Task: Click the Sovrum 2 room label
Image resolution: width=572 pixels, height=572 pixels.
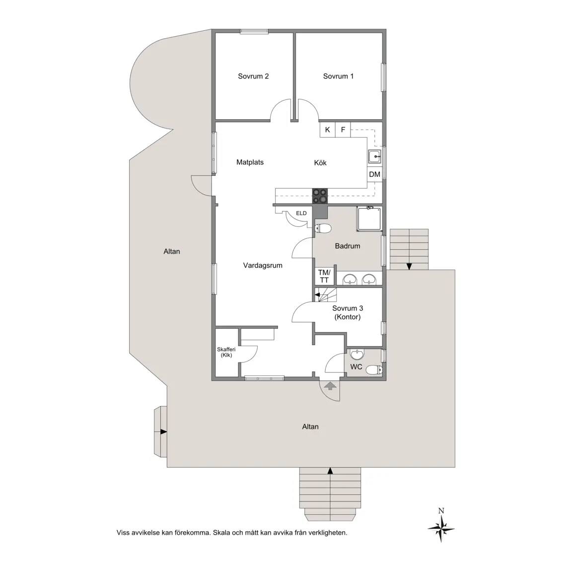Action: pyautogui.click(x=253, y=76)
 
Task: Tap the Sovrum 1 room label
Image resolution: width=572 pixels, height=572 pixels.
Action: pyautogui.click(x=338, y=76)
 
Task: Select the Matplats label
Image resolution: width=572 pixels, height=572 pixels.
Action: pyautogui.click(x=250, y=162)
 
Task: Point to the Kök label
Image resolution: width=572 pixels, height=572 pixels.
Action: pyautogui.click(x=320, y=163)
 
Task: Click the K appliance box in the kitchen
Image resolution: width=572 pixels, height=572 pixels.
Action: pyautogui.click(x=328, y=130)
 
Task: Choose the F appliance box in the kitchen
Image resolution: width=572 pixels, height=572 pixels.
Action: pyautogui.click(x=343, y=130)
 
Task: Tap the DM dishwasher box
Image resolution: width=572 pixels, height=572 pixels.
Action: pyautogui.click(x=375, y=174)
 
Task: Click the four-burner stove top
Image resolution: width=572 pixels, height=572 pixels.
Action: pyautogui.click(x=320, y=196)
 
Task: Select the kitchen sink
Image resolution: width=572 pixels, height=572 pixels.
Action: pyautogui.click(x=374, y=156)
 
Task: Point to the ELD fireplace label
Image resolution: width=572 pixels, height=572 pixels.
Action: pyautogui.click(x=301, y=213)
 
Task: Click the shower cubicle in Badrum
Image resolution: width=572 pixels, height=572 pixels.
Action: pyautogui.click(x=369, y=219)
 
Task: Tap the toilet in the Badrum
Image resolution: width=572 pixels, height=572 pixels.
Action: pyautogui.click(x=323, y=229)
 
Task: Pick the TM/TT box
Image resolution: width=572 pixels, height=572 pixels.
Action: pyautogui.click(x=324, y=276)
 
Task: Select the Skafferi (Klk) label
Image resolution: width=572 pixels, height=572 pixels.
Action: pyautogui.click(x=226, y=352)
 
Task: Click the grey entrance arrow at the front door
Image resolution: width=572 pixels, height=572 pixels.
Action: pyautogui.click(x=330, y=386)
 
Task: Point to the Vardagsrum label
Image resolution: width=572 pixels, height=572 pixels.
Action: pyautogui.click(x=263, y=266)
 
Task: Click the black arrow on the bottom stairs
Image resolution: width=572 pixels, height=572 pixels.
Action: pyautogui.click(x=330, y=471)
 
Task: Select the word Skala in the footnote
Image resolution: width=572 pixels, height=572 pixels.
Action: pyautogui.click(x=222, y=533)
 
